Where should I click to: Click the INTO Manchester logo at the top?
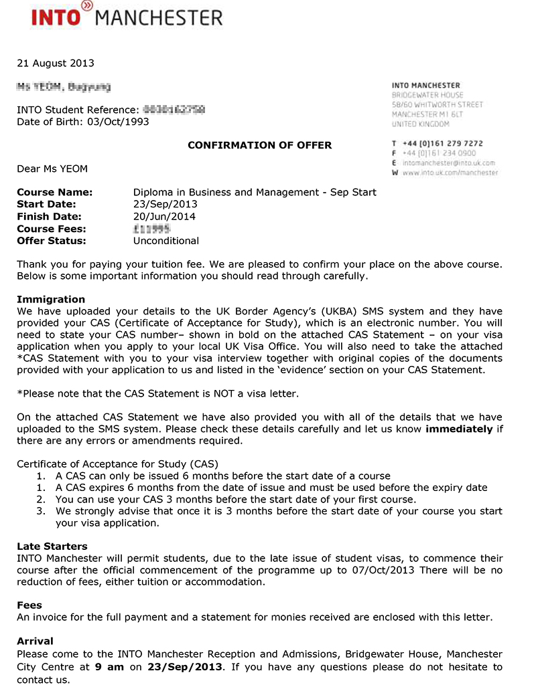[x=127, y=15]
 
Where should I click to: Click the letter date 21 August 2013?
[x=56, y=64]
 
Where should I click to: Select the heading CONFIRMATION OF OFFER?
[x=259, y=145]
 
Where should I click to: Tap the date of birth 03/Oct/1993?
[x=118, y=122]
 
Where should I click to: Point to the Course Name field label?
[x=55, y=193]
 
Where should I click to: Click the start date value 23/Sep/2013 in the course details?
[x=165, y=205]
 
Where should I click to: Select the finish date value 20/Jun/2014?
[x=164, y=217]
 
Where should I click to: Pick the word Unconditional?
[x=166, y=241]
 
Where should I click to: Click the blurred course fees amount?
[x=151, y=229]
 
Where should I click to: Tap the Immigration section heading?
[x=51, y=300]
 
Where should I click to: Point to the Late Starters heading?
[x=52, y=547]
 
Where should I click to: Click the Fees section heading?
[x=29, y=605]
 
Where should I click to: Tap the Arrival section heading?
[x=35, y=642]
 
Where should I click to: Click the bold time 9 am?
[x=109, y=667]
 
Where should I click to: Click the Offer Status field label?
[x=52, y=241]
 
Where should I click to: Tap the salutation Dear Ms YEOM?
[x=52, y=169]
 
